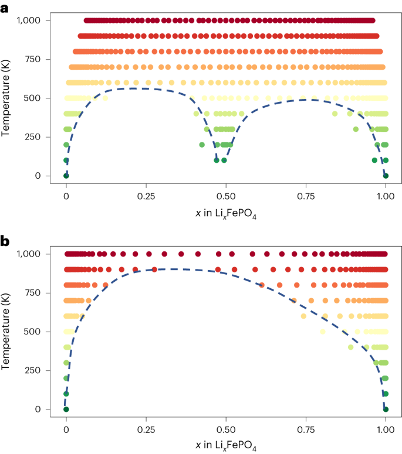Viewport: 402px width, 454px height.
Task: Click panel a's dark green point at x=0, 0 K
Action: [66, 176]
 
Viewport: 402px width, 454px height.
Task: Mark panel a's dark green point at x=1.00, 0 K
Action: [386, 176]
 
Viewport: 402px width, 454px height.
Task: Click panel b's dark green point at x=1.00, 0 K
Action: [386, 409]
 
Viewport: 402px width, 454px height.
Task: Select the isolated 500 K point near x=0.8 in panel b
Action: [322, 332]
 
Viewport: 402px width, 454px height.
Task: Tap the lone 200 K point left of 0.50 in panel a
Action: [202, 145]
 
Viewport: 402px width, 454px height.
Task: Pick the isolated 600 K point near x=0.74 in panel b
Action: [303, 316]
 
